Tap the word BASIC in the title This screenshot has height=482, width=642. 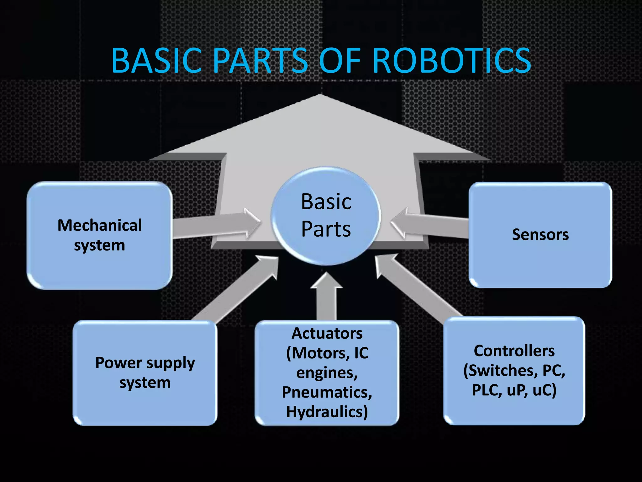tap(156, 60)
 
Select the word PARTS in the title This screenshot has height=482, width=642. tap(260, 60)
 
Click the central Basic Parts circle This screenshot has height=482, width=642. tap(326, 216)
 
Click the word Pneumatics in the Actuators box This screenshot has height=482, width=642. tap(327, 392)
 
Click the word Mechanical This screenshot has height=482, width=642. tap(100, 225)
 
